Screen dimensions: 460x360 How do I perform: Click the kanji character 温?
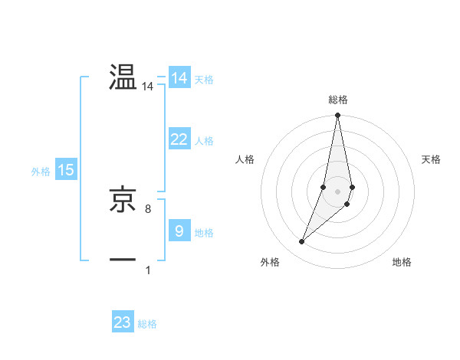click(x=123, y=78)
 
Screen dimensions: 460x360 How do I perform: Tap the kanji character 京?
click(x=123, y=201)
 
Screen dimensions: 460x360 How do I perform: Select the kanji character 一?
click(x=123, y=260)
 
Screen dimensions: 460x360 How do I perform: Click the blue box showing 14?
click(x=179, y=78)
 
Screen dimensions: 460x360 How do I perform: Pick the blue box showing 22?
click(x=179, y=139)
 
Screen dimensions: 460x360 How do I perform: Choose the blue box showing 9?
click(x=179, y=231)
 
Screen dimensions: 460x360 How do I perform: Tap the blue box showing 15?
click(x=66, y=171)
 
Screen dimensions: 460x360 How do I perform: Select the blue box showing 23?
click(x=123, y=322)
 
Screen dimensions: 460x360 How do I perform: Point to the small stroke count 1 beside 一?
click(x=147, y=270)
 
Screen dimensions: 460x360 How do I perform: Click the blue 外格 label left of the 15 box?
click(x=41, y=172)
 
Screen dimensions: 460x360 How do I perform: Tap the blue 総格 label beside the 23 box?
click(x=147, y=324)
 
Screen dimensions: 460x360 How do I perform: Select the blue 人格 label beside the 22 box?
click(x=204, y=141)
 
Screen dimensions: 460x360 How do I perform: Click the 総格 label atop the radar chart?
click(x=337, y=100)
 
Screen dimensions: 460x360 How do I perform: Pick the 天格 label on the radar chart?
click(x=431, y=159)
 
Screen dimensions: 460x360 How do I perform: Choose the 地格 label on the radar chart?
click(x=402, y=263)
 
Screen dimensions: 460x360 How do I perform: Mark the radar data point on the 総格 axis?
click(x=337, y=116)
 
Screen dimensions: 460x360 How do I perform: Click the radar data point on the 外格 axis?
click(x=302, y=242)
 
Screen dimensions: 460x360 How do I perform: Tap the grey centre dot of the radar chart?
click(x=337, y=191)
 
